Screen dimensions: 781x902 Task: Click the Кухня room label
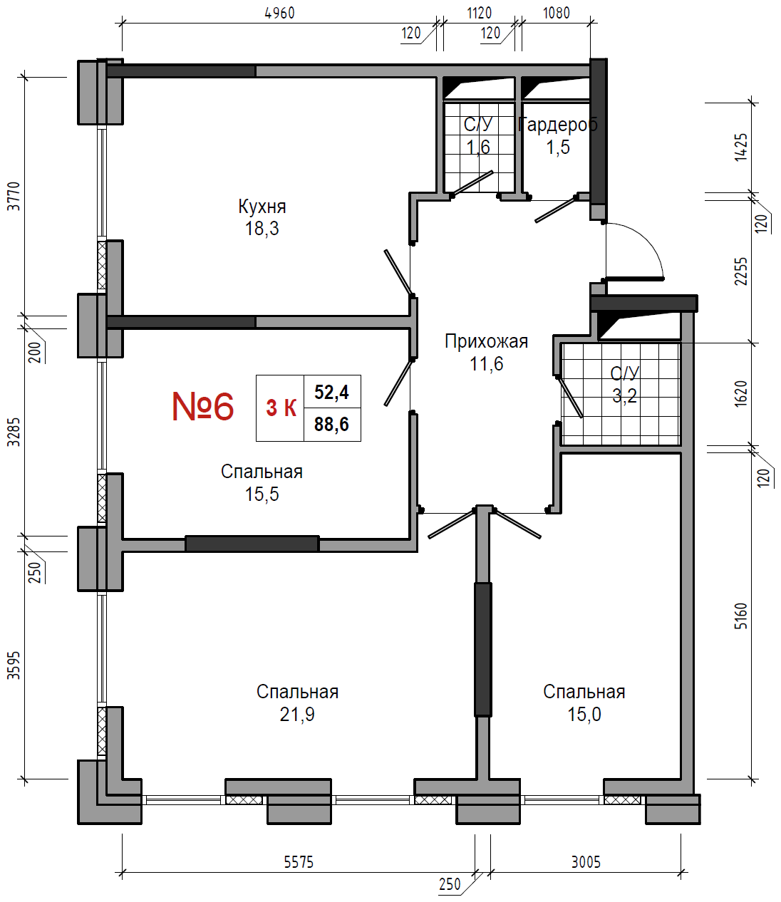(x=262, y=206)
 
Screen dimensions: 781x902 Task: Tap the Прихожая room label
(x=486, y=341)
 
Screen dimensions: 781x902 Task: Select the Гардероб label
(x=558, y=125)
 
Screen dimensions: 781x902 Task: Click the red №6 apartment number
(x=203, y=407)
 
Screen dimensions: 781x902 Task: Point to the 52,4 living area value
(x=332, y=392)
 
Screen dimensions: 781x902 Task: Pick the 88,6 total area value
(x=332, y=424)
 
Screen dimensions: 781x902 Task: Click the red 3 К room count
(x=281, y=408)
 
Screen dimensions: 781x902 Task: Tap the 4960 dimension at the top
(x=280, y=13)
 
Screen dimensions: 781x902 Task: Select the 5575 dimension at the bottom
(x=299, y=862)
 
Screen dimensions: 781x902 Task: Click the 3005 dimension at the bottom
(x=586, y=862)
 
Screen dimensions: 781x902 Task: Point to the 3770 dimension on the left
(x=14, y=197)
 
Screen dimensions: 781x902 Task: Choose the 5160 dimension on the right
(x=741, y=616)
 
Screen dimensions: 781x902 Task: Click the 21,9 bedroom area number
(x=297, y=715)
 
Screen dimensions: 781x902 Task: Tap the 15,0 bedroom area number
(x=584, y=715)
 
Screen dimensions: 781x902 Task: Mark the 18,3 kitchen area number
(x=262, y=228)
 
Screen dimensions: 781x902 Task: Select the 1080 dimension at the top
(x=557, y=13)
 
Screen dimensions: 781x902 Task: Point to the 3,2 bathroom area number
(x=625, y=395)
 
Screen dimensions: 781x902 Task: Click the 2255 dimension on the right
(x=741, y=271)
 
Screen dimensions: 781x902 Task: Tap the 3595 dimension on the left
(x=14, y=665)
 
